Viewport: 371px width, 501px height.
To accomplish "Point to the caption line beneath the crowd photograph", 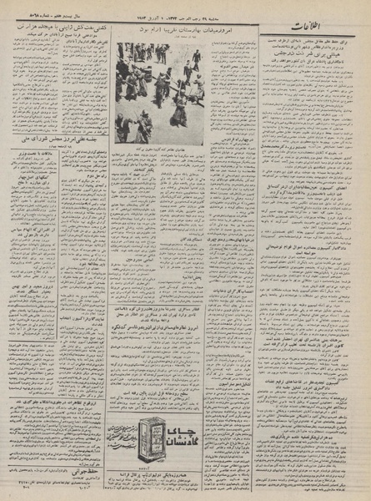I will pyautogui.click(x=158, y=149).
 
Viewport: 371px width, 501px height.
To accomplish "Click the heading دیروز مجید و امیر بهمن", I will pyautogui.click(x=33, y=283).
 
